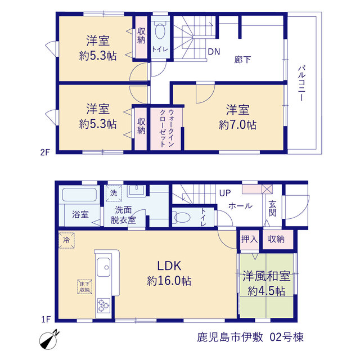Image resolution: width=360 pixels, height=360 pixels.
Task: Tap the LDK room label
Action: click(169, 266)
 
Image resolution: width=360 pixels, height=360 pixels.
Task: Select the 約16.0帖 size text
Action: click(169, 281)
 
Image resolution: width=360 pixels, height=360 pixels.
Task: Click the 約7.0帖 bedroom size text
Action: click(237, 125)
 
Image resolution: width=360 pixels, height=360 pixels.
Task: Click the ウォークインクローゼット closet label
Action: click(166, 128)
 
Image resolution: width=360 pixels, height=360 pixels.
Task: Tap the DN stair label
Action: click(214, 52)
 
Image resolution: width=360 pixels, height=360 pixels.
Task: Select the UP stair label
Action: click(225, 193)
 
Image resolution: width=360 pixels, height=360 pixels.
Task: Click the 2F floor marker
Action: click(45, 152)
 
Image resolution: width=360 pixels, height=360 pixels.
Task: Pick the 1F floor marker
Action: click(46, 319)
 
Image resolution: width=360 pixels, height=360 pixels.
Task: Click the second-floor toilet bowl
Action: click(160, 30)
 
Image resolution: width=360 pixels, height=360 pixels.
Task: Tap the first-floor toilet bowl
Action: click(181, 217)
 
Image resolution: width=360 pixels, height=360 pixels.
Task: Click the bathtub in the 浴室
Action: click(79, 195)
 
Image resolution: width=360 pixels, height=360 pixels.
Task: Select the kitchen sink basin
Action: click(103, 267)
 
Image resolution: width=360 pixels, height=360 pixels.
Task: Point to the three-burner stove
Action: click(103, 305)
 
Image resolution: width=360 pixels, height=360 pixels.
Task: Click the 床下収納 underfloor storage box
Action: click(85, 287)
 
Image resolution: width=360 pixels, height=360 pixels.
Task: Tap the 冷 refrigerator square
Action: click(66, 240)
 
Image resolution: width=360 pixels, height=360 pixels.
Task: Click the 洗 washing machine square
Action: click(114, 193)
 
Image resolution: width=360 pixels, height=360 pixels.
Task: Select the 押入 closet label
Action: click(249, 240)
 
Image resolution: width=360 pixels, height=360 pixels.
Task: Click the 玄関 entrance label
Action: click(272, 209)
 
